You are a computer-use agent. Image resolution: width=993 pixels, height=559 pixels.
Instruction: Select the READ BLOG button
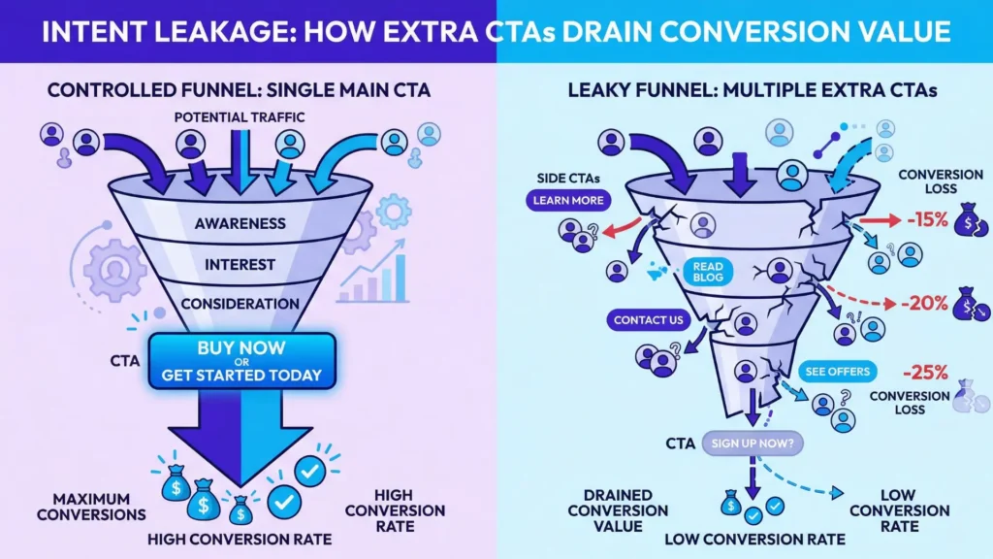pos(707,272)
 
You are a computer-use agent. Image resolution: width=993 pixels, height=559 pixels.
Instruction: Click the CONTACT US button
pos(649,319)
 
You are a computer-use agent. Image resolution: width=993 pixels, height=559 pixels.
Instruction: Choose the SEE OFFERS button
pos(838,372)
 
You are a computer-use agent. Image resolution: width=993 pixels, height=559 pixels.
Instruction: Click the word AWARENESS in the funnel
pos(240,223)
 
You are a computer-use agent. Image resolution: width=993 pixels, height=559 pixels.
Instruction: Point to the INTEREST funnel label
pos(240,264)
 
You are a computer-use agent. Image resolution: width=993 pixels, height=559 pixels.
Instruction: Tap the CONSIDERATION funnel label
pos(240,304)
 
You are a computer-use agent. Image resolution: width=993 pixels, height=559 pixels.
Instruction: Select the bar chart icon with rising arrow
pos(373,274)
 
